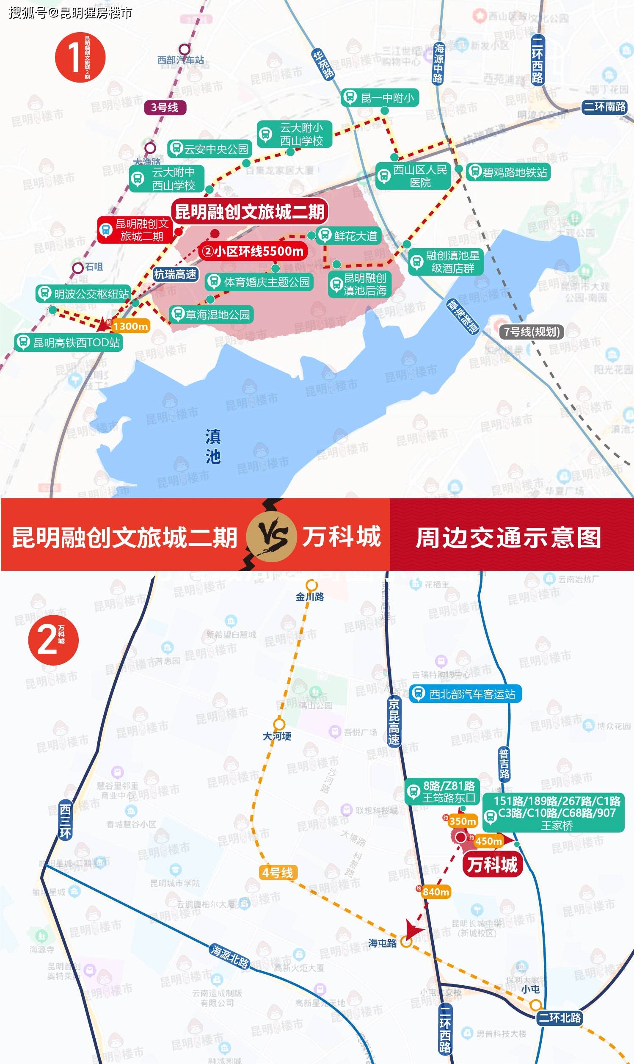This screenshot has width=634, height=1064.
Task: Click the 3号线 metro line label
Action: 165,107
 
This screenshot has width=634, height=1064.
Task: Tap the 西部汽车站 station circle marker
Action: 184,49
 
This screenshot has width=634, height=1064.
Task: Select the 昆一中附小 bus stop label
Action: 380,98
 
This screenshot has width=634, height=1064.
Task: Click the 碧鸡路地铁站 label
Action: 508,172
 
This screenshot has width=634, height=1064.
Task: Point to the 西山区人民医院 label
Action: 413,176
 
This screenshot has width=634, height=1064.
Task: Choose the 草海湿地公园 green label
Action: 212,315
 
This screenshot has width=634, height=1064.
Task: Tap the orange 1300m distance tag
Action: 130,326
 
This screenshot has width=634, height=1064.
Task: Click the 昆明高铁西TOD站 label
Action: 69,343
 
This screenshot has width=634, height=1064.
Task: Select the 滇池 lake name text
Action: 212,447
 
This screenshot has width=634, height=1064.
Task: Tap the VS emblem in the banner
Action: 271,536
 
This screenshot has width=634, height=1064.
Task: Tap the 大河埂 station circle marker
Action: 279,724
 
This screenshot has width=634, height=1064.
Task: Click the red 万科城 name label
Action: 492,865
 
